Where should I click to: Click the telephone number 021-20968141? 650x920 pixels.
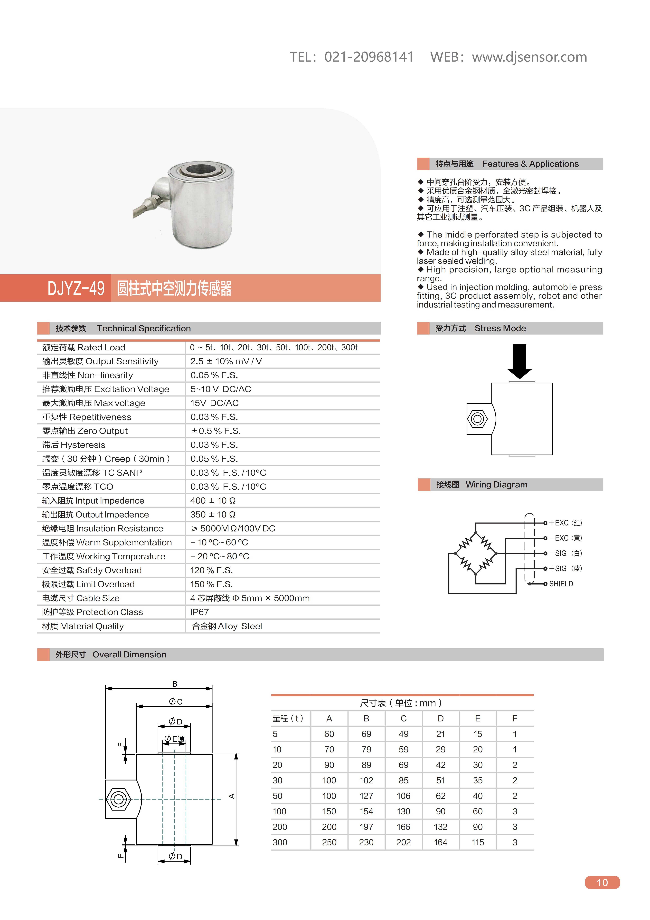[369, 57]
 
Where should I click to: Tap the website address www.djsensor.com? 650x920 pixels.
[529, 57]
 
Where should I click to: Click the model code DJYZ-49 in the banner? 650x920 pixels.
[76, 288]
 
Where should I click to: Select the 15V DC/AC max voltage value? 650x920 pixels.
[214, 403]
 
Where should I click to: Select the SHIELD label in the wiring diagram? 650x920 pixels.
[561, 584]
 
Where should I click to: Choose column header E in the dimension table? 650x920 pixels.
[478, 718]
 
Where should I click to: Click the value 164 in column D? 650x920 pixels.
[440, 842]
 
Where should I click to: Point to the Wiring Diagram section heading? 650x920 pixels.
[496, 485]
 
